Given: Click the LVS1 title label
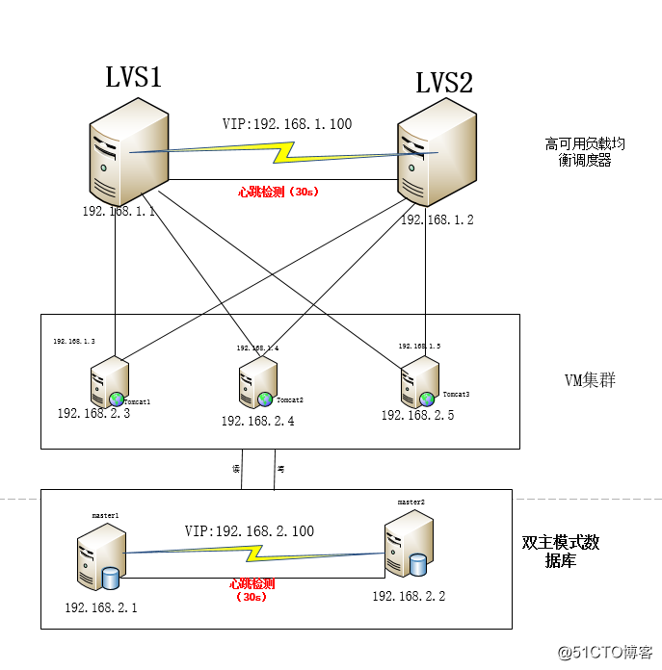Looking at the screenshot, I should [133, 78].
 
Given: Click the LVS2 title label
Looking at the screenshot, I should [444, 83].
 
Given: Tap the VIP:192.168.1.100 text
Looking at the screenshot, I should [286, 124].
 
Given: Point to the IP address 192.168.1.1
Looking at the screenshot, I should [119, 211].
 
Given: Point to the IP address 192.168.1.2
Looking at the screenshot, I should [437, 219].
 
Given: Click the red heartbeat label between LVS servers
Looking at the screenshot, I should [278, 192].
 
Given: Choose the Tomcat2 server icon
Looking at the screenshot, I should [256, 381].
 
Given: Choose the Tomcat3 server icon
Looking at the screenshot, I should [420, 381].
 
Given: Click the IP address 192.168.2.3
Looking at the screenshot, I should [93, 413].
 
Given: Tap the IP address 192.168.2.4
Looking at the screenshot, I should [257, 421].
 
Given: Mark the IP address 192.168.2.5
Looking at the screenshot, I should [417, 415].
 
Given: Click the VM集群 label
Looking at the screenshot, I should [589, 380].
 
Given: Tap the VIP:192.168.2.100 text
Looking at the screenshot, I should [250, 531].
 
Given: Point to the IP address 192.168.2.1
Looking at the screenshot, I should [101, 607].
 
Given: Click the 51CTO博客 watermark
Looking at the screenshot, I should [611, 653].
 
